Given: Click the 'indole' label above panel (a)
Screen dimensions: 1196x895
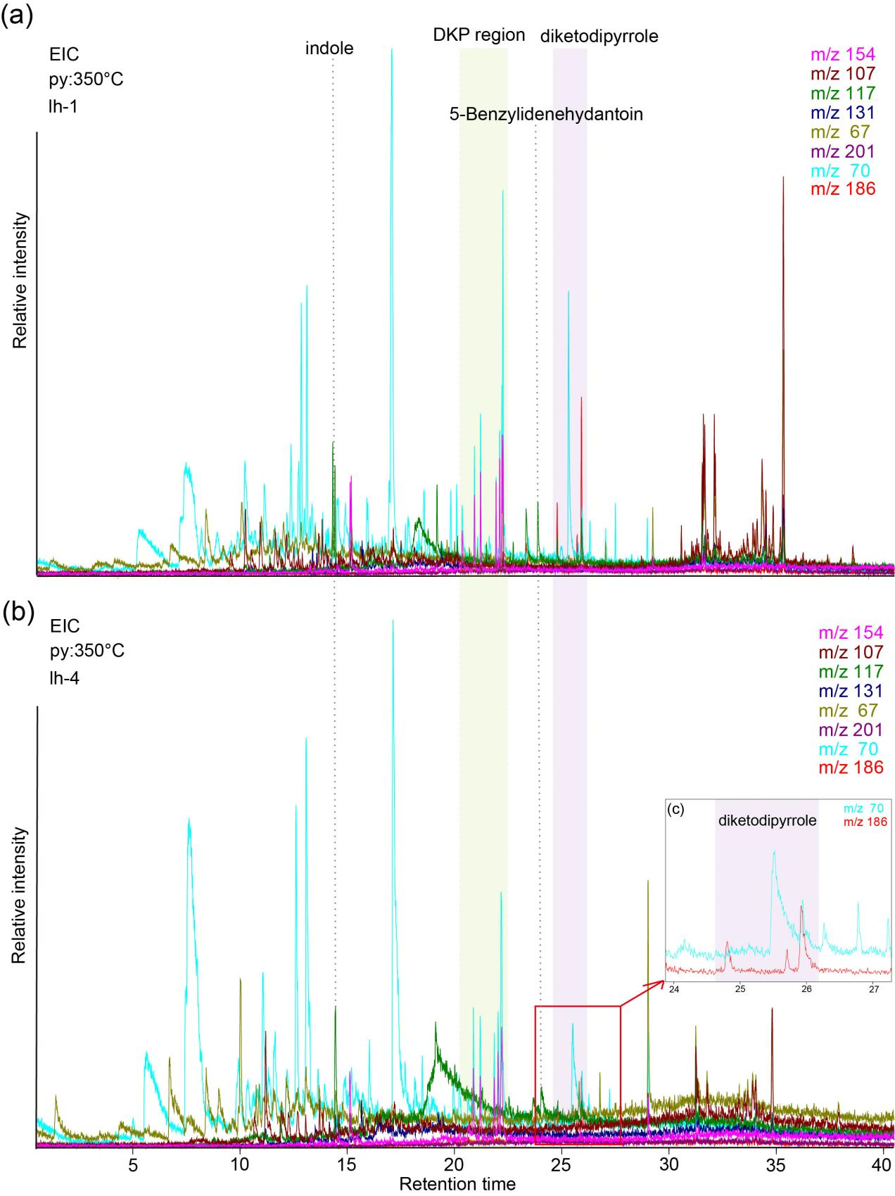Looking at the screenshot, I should pyautogui.click(x=329, y=49).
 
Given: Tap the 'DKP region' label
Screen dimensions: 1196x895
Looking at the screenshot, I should pyautogui.click(x=478, y=34).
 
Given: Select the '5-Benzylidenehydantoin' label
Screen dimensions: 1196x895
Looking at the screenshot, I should pyautogui.click(x=546, y=113).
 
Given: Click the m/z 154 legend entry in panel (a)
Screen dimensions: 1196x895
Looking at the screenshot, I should pyautogui.click(x=842, y=54).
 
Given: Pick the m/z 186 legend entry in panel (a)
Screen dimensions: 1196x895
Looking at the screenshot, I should pyautogui.click(x=842, y=188).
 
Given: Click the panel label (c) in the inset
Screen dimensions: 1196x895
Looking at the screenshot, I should pyautogui.click(x=675, y=809).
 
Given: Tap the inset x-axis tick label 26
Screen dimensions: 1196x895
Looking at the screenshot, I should pyautogui.click(x=806, y=989).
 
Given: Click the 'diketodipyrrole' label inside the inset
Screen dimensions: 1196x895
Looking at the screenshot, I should pyautogui.click(x=767, y=820).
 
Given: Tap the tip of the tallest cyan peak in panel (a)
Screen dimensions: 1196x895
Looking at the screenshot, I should pyautogui.click(x=391, y=49).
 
